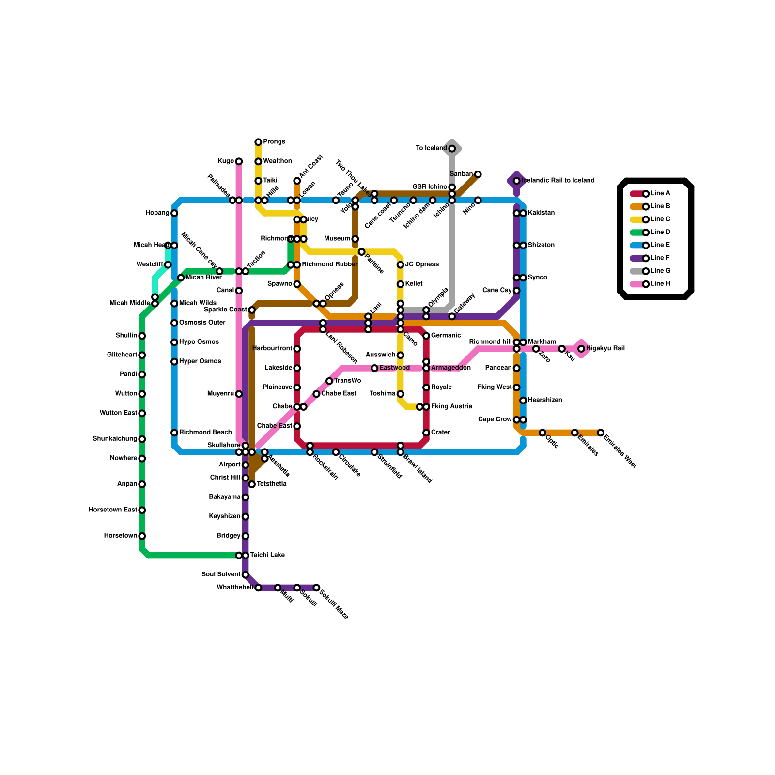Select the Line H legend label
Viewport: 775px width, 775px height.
pyautogui.click(x=661, y=284)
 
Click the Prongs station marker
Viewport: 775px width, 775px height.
pyautogui.click(x=258, y=142)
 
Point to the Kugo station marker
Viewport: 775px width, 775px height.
pyautogui.click(x=239, y=161)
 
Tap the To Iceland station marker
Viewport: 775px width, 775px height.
pyautogui.click(x=452, y=149)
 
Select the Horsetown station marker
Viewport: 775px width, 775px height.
pyautogui.click(x=142, y=536)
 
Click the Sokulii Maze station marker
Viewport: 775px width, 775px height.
pyautogui.click(x=316, y=588)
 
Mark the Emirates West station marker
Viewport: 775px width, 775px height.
pyautogui.click(x=601, y=433)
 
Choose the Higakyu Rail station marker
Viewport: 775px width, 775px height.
pyautogui.click(x=581, y=349)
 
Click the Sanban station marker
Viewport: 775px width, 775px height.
pyautogui.click(x=478, y=174)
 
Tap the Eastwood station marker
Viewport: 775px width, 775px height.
pyautogui.click(x=374, y=368)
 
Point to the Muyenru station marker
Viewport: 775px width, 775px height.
pyautogui.click(x=239, y=394)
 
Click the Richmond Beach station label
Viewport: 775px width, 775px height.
pyautogui.click(x=205, y=432)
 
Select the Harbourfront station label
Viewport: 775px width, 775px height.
pyautogui.click(x=272, y=348)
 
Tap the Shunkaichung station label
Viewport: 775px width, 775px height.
pyautogui.click(x=115, y=439)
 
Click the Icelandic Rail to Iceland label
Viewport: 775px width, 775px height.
pyautogui.click(x=558, y=181)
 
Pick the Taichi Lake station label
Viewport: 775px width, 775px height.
pyautogui.click(x=267, y=555)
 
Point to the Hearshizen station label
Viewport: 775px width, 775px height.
pyautogui.click(x=545, y=400)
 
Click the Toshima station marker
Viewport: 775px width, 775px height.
pyautogui.click(x=401, y=394)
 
